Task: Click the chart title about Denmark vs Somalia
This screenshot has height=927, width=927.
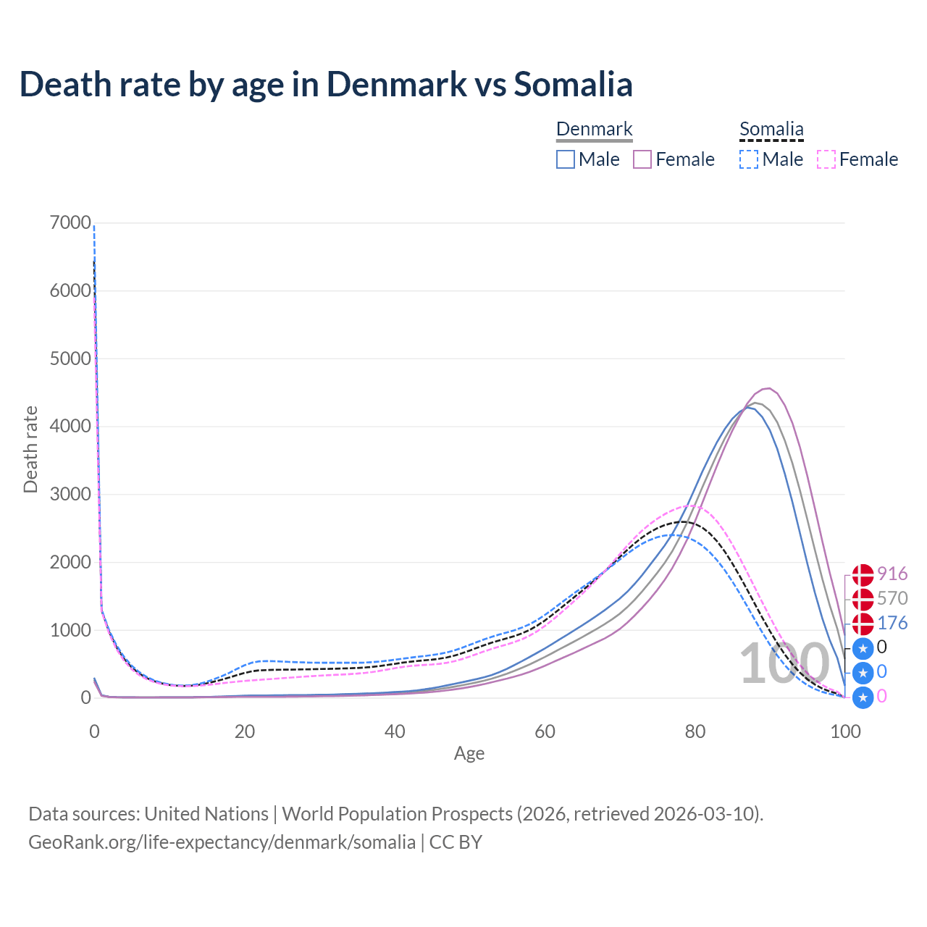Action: (326, 84)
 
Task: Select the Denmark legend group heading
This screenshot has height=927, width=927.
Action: (594, 130)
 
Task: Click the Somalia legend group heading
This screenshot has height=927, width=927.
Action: (771, 130)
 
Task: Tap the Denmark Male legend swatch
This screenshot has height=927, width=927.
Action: (566, 159)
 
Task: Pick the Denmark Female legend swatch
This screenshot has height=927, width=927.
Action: (643, 159)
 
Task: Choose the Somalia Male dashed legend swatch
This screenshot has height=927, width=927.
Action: (750, 159)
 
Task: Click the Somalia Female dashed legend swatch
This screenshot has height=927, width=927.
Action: (826, 159)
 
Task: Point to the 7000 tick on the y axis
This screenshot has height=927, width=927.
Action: (70, 223)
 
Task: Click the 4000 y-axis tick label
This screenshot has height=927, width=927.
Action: (70, 427)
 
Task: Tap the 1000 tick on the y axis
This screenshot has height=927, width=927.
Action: (70, 630)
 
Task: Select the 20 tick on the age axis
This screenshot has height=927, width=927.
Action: (245, 731)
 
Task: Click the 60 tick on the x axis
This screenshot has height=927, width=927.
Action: (545, 731)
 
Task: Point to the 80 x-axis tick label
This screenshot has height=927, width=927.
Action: (695, 731)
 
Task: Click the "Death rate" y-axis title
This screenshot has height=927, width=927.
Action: (30, 450)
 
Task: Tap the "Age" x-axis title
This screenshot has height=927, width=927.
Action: (469, 754)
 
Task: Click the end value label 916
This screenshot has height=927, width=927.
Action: (892, 574)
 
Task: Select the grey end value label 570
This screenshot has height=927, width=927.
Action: (892, 599)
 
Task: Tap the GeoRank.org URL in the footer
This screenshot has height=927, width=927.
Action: (222, 842)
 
